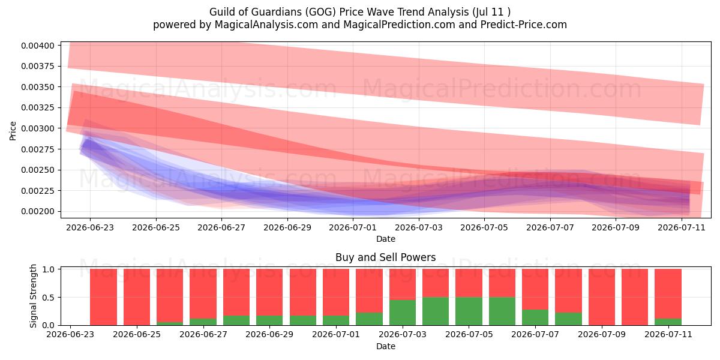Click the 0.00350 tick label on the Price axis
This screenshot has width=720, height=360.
click(x=38, y=87)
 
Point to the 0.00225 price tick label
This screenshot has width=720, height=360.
click(x=38, y=191)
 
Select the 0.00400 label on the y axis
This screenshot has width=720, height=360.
click(x=38, y=46)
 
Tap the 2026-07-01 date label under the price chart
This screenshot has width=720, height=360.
click(x=353, y=227)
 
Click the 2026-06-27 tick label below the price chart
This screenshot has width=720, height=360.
click(x=221, y=227)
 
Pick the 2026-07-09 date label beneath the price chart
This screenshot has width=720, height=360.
click(x=616, y=227)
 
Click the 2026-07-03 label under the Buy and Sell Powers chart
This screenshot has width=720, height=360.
click(x=403, y=335)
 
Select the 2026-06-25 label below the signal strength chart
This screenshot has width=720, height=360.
click(x=137, y=335)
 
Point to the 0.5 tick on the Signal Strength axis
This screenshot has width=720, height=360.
click(x=48, y=298)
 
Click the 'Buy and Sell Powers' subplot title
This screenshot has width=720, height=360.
click(x=385, y=257)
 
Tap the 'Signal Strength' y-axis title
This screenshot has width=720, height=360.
click(x=33, y=296)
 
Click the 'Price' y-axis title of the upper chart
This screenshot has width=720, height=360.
click(x=13, y=131)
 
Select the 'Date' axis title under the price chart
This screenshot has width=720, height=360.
click(x=386, y=239)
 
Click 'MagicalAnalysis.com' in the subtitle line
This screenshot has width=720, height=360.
click(x=266, y=25)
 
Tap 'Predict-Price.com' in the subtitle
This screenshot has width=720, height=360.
click(x=524, y=25)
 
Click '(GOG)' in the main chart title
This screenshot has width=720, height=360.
click(x=320, y=12)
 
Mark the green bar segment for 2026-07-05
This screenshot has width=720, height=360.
click(x=469, y=311)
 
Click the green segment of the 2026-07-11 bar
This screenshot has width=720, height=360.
click(x=668, y=322)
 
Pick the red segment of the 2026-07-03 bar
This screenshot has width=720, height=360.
click(x=403, y=284)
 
